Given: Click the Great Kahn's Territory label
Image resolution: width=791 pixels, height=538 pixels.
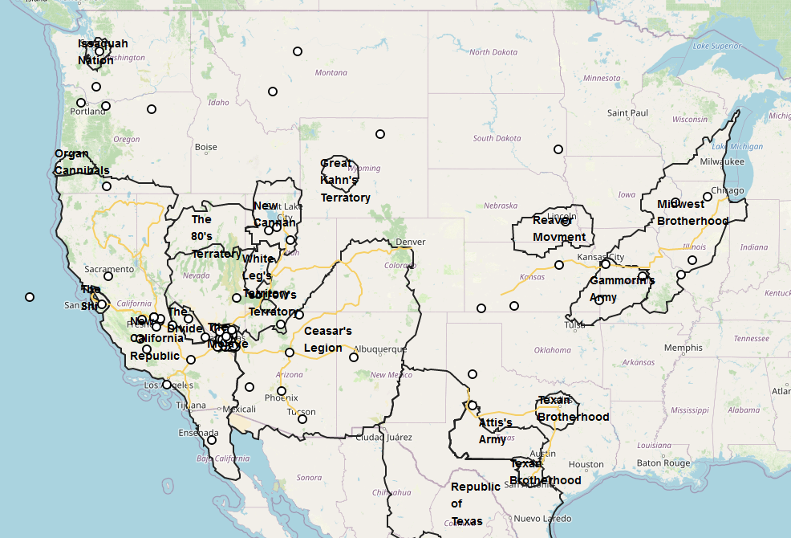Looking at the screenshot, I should click(x=346, y=181).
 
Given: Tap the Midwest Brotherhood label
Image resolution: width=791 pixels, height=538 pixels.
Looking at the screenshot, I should click(x=692, y=213).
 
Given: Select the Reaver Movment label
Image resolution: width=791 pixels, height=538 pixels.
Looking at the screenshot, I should click(x=559, y=229).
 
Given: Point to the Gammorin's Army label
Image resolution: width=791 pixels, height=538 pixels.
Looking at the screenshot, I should click(x=622, y=289).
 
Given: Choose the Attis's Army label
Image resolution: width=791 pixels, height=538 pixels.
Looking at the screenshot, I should click(x=495, y=431).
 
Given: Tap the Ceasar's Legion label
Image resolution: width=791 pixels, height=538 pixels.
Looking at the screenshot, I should click(x=327, y=340).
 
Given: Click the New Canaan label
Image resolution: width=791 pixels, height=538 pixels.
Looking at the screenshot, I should click(x=274, y=214).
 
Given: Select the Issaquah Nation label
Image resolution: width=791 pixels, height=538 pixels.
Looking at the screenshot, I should click(x=102, y=51).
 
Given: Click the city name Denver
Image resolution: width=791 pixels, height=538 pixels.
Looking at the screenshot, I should click(x=410, y=242).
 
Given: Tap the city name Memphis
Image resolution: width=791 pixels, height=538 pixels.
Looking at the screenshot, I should click(x=683, y=348).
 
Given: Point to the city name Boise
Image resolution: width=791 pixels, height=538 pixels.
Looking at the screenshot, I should click(x=205, y=147).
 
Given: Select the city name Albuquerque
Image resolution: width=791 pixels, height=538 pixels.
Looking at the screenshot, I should click(x=380, y=349).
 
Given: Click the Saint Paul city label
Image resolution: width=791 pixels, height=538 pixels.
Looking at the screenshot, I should click(x=627, y=113).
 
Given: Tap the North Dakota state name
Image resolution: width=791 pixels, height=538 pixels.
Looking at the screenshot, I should click(x=493, y=52).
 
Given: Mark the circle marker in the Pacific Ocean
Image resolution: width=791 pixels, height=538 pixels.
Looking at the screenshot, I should click(x=30, y=297).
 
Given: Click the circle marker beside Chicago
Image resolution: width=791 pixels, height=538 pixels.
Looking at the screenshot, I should click(x=708, y=197).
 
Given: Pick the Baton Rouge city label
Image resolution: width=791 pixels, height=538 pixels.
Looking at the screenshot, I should click(x=663, y=463).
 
